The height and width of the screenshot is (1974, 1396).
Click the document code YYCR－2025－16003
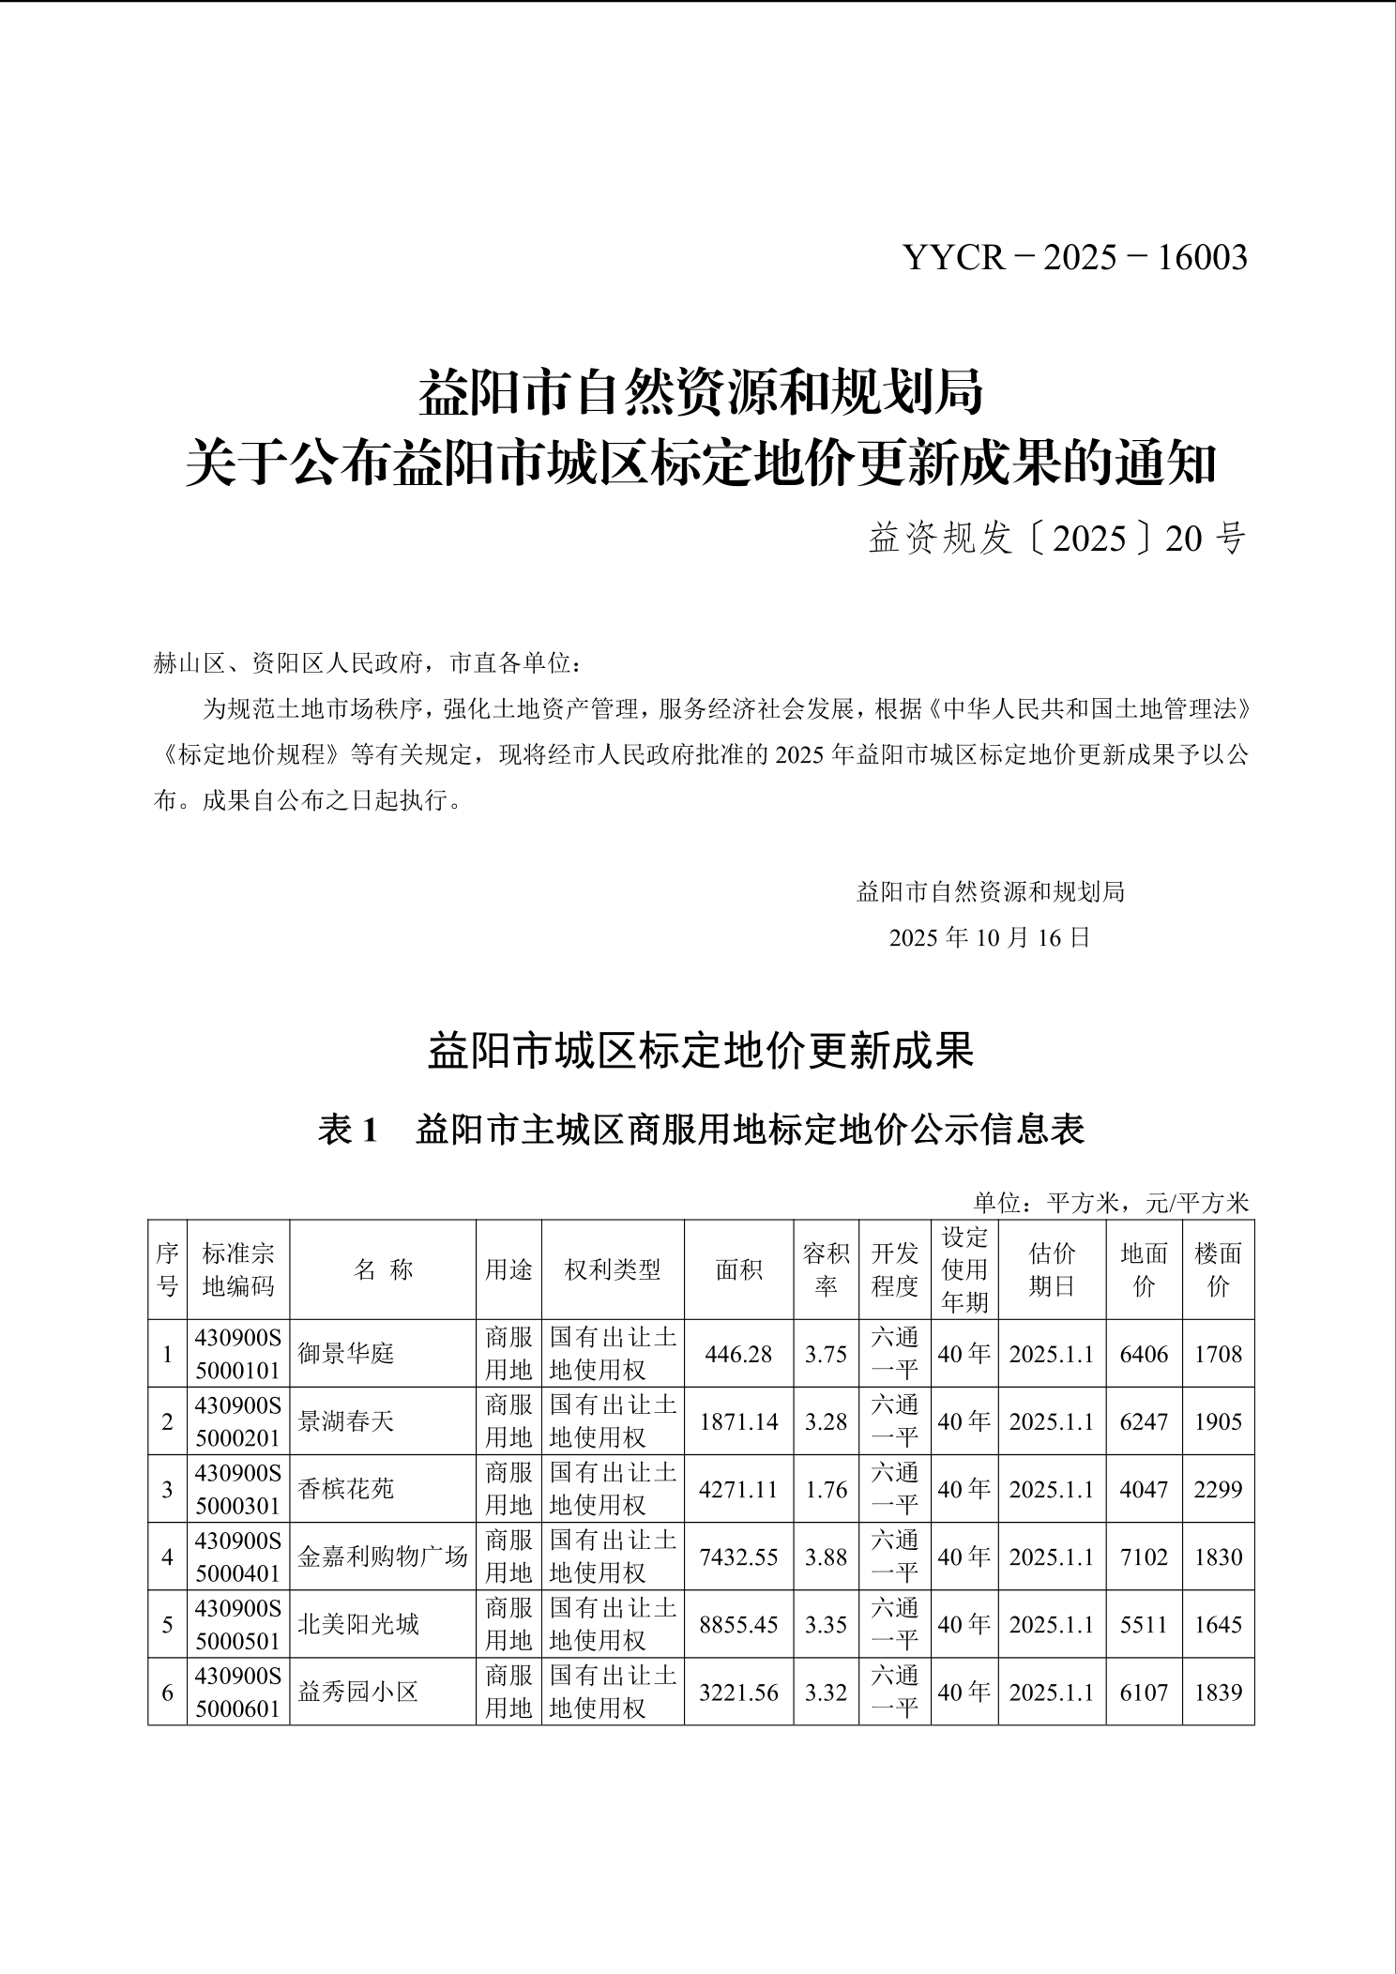(x=1075, y=257)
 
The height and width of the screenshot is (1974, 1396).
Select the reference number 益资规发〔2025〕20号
(x=1056, y=539)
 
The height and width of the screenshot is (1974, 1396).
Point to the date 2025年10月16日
(x=990, y=937)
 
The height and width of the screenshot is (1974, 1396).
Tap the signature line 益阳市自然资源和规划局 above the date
(x=990, y=891)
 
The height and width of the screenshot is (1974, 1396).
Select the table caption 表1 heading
(x=701, y=1129)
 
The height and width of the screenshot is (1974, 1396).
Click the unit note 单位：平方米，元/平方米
(x=1111, y=1203)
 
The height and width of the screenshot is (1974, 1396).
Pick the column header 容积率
(x=826, y=1269)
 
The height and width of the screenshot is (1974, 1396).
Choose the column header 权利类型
(x=613, y=1269)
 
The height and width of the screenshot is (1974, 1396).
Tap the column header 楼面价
(x=1218, y=1269)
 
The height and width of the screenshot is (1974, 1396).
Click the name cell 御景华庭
(x=346, y=1354)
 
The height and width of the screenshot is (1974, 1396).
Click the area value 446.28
(x=738, y=1354)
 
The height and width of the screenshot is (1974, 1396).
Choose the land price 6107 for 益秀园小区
(x=1144, y=1693)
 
